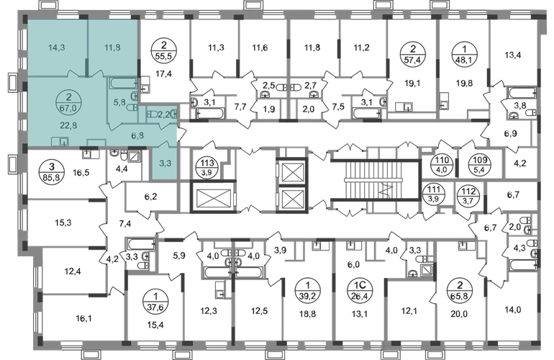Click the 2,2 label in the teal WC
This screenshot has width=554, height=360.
coord(164,113)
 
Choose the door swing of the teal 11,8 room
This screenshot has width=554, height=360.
coord(98,71)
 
